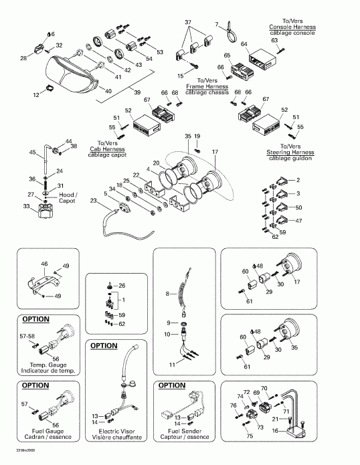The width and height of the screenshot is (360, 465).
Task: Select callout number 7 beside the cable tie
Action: pyautogui.click(x=217, y=25)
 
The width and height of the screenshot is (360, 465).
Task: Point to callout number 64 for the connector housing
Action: pyautogui.click(x=245, y=43)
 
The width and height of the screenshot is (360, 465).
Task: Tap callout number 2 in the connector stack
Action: pyautogui.click(x=298, y=181)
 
